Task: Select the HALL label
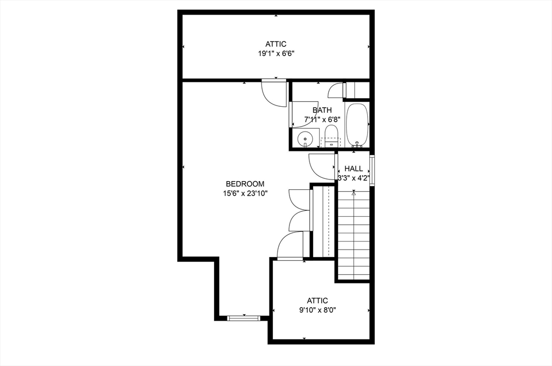tap(354, 169)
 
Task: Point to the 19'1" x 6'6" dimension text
tap(275, 53)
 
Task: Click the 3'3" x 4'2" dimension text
tap(354, 178)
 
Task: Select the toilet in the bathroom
tap(330, 135)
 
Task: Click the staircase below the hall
tap(354, 237)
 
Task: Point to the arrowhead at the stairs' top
tap(354, 192)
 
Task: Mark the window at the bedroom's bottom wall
tap(244, 317)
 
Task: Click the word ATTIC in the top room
tap(275, 44)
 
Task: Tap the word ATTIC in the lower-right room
tap(318, 300)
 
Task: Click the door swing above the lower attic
tap(290, 246)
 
